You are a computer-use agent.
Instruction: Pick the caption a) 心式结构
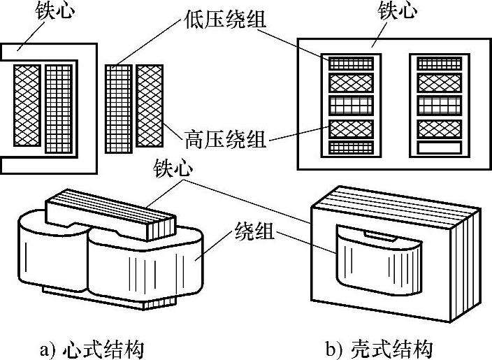[x=102, y=347]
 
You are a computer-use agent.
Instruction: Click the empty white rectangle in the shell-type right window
[x=439, y=147]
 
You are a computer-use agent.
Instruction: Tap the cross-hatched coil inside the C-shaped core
[x=26, y=105]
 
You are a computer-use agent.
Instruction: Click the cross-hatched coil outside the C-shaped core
[x=150, y=105]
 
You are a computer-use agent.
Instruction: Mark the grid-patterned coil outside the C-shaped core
[x=119, y=108]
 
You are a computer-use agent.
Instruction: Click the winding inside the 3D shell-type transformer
[x=377, y=262]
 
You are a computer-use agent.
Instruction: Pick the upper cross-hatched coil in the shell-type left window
[x=347, y=83]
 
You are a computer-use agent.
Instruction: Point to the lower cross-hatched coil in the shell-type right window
[x=439, y=129]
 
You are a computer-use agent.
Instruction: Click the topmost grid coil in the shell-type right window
[x=439, y=63]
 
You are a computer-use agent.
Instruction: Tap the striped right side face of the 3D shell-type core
[x=468, y=266]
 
